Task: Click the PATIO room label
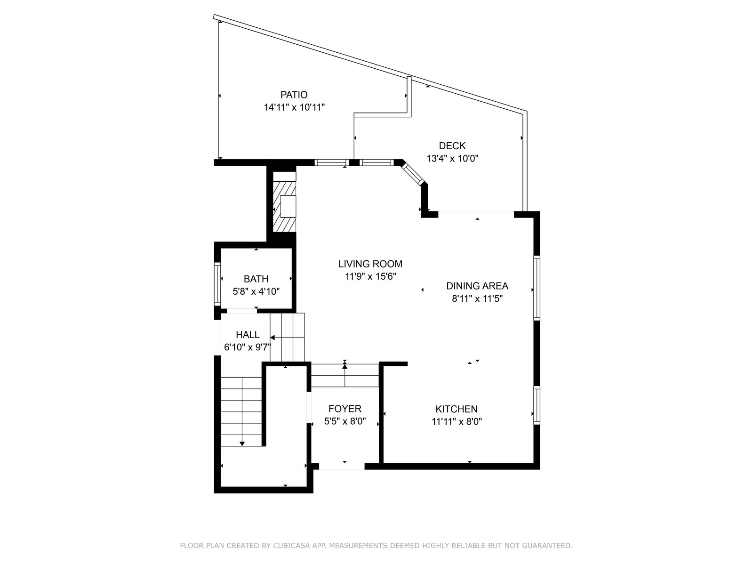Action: pos(294,95)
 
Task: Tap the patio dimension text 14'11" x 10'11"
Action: pos(294,107)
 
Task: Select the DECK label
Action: pos(452,146)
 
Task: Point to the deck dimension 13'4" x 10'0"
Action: pos(452,159)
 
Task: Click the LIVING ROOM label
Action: pos(370,264)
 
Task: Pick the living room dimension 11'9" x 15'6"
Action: pos(370,276)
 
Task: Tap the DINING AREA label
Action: pos(477,286)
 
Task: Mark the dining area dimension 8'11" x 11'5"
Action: pos(477,299)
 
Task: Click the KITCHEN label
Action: pos(457,409)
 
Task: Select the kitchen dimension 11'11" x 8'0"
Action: pos(457,421)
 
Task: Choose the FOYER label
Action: pos(345,409)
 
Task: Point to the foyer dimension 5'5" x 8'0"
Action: pos(345,421)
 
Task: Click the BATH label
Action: pos(256,279)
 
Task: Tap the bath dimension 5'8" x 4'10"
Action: pos(256,291)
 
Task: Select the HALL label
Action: pos(248,334)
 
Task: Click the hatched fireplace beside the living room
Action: pos(284,207)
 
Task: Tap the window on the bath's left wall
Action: pos(217,284)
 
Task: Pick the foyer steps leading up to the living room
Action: pos(345,376)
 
